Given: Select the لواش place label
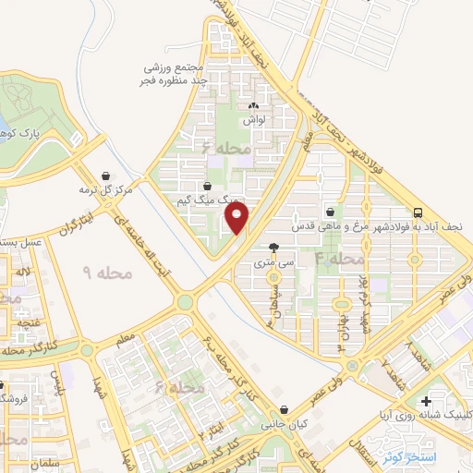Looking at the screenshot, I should click(254, 121).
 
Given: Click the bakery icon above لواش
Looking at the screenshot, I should click(254, 106).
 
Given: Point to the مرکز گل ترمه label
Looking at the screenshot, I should click(104, 189).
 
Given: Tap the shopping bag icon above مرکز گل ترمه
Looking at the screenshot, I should click(105, 175).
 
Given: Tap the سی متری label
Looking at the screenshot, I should click(274, 263).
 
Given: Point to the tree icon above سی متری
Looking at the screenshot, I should click(274, 248).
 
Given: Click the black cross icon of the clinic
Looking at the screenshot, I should click(425, 402).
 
